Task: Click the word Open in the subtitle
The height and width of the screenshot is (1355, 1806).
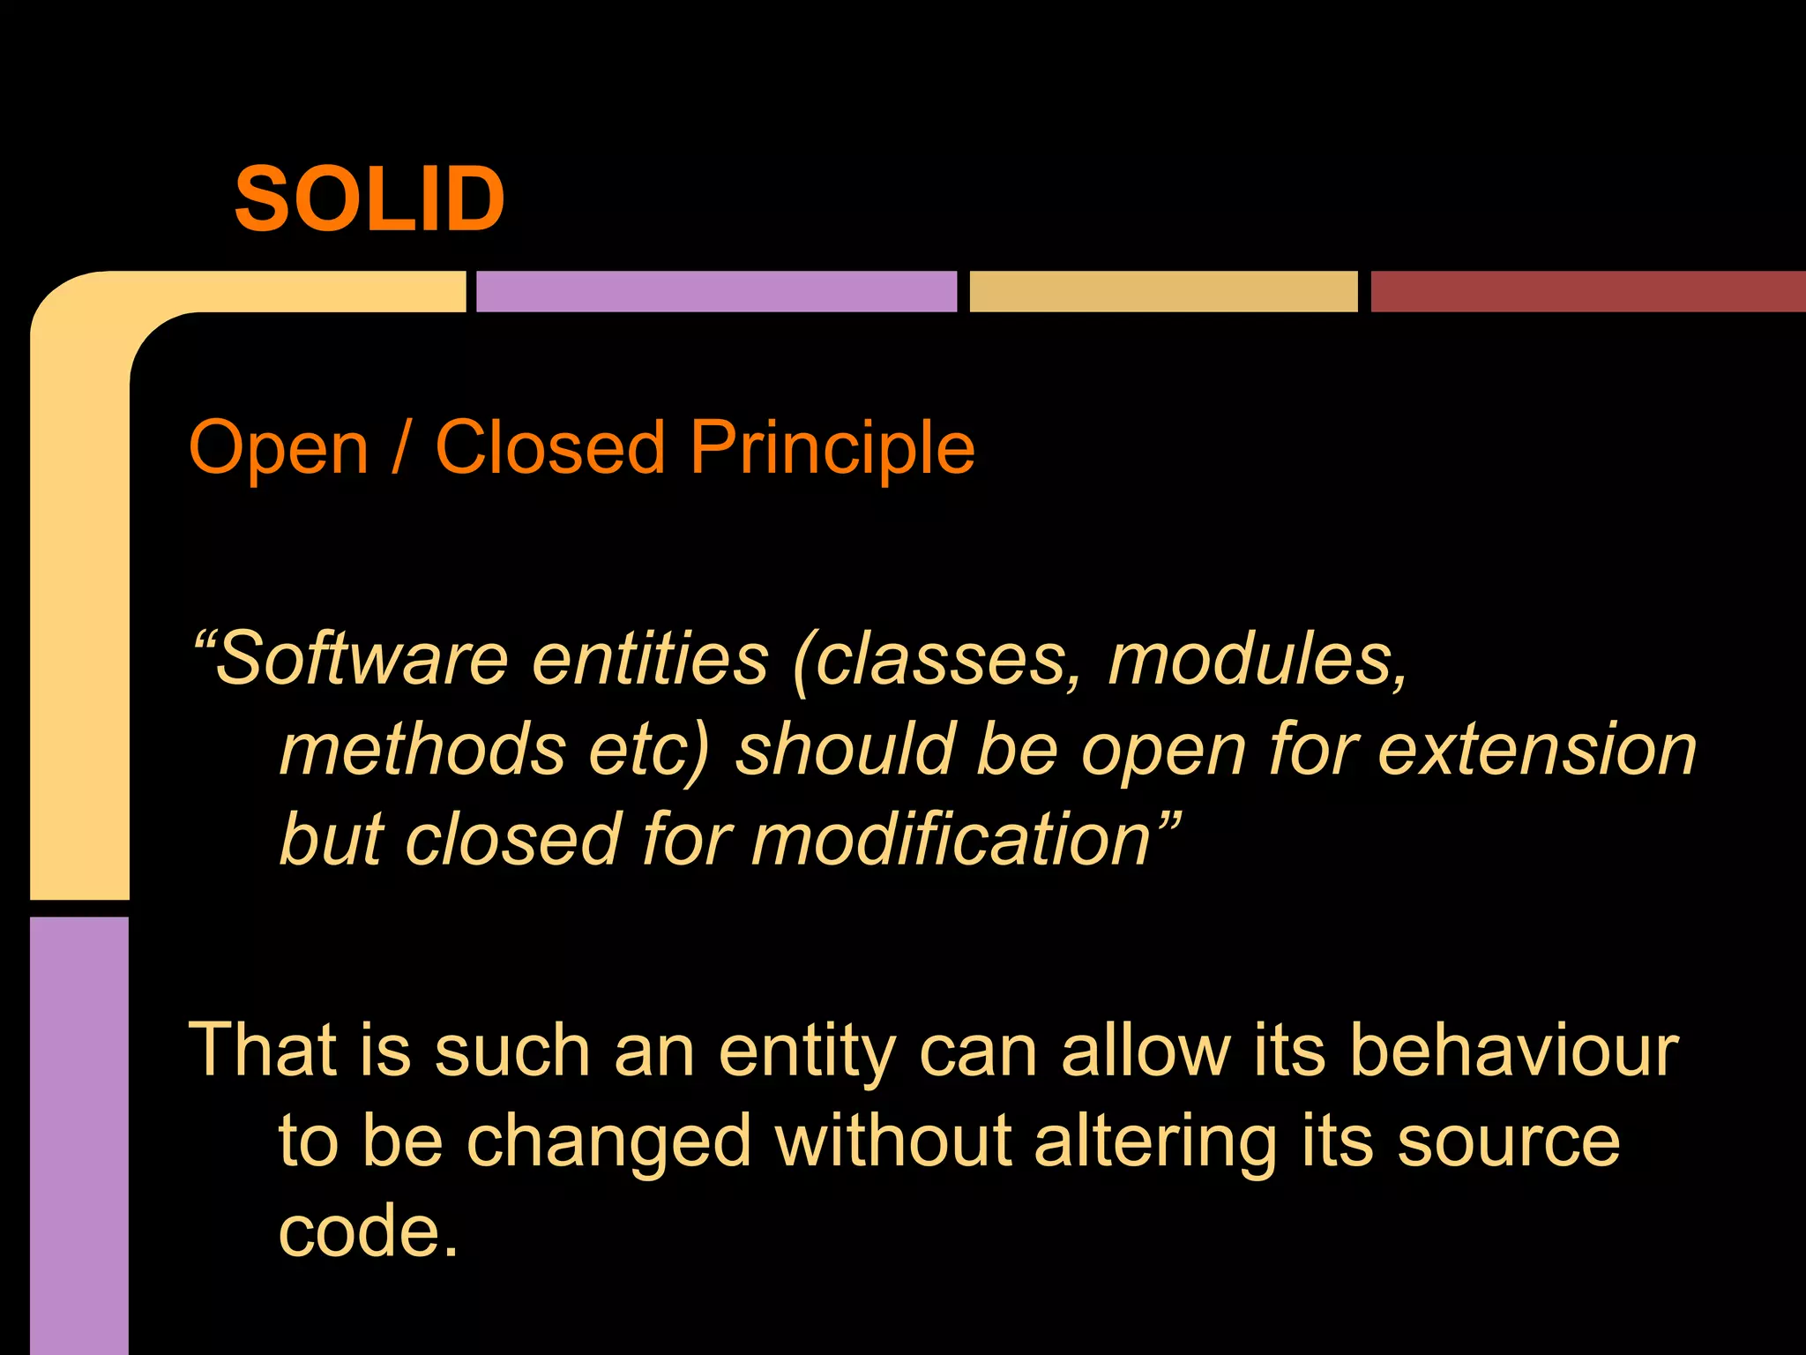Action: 279,449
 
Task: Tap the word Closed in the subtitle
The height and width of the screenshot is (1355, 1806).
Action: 549,447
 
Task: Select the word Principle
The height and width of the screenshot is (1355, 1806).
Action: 832,449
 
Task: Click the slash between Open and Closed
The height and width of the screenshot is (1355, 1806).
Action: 401,449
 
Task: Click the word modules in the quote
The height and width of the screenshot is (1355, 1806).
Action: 1256,660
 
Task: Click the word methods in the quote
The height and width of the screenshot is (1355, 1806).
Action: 422,750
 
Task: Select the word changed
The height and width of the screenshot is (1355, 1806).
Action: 608,1143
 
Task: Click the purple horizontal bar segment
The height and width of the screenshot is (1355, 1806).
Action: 716,292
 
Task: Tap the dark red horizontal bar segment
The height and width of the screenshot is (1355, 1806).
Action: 1587,292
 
